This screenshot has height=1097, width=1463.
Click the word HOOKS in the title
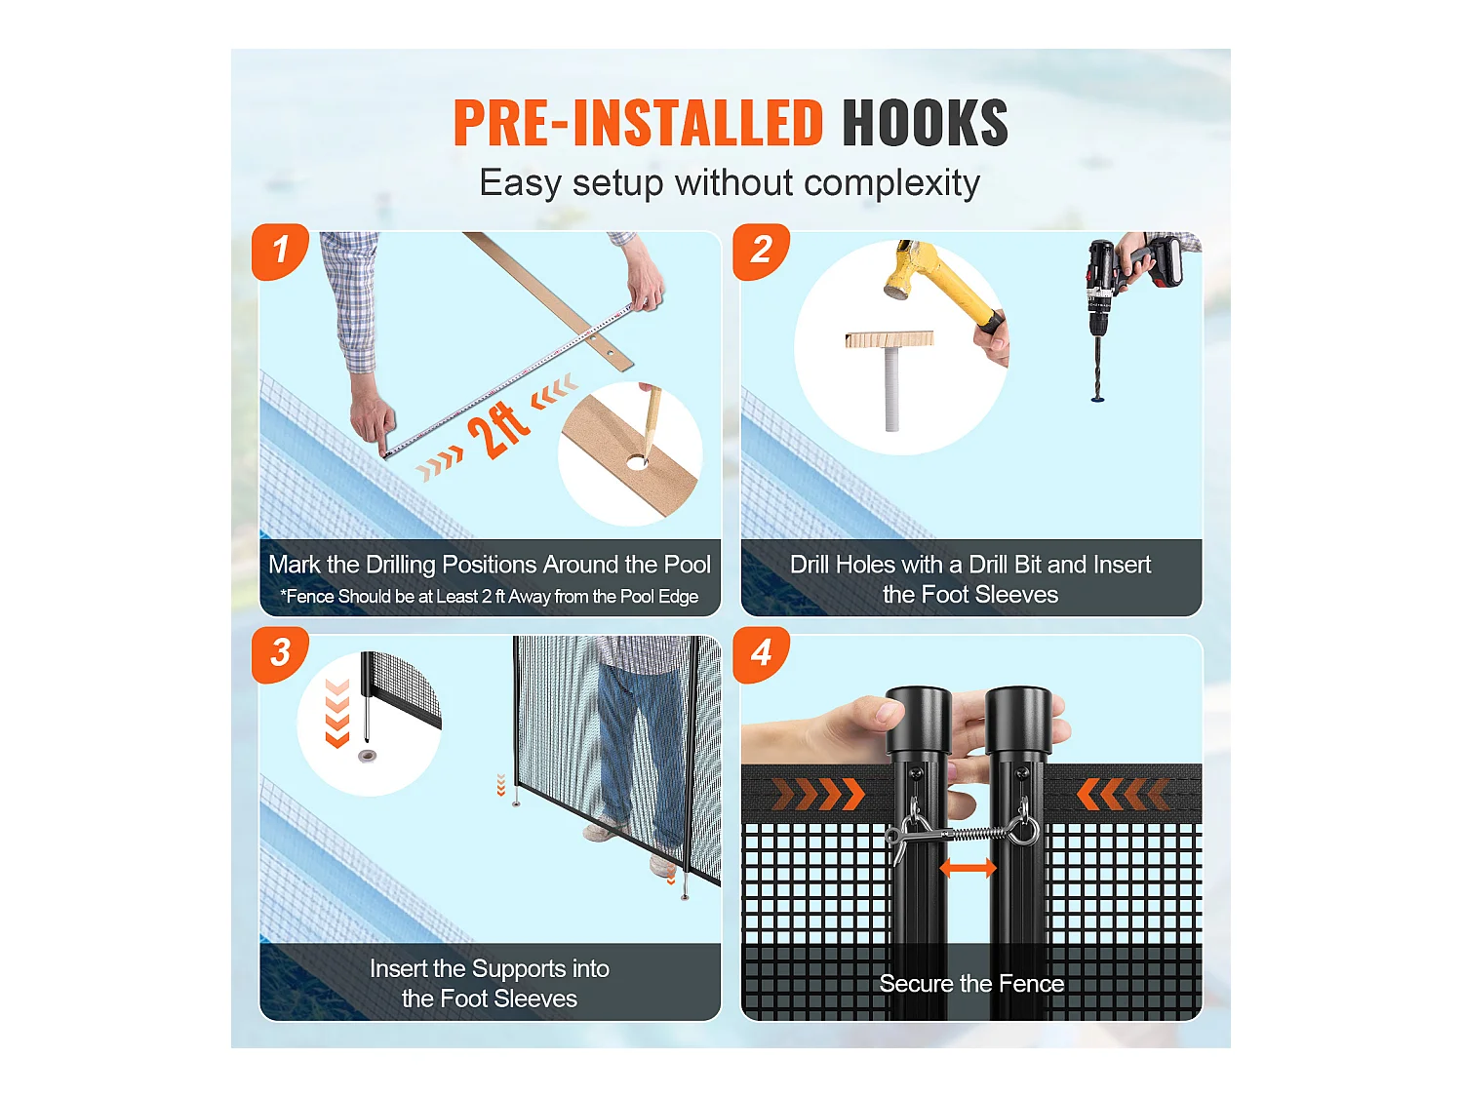(x=924, y=123)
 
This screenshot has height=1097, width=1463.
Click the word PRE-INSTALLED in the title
(x=639, y=123)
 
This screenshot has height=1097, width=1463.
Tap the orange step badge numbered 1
(x=280, y=251)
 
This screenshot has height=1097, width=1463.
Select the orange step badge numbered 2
(x=761, y=251)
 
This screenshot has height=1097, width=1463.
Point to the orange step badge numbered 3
(x=280, y=653)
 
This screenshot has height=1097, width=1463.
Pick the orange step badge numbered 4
(x=761, y=653)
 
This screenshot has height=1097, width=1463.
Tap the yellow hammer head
(x=911, y=267)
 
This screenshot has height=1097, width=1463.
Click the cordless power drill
(x=1122, y=278)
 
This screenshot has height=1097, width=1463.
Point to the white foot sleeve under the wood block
(x=891, y=388)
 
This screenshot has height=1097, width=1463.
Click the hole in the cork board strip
(x=638, y=460)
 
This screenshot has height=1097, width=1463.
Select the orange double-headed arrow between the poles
(x=968, y=867)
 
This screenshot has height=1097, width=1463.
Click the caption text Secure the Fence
(x=971, y=984)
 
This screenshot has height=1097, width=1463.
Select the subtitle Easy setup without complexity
(x=730, y=183)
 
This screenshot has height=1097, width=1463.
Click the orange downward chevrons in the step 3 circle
(x=337, y=714)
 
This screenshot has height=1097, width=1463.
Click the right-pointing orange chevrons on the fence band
(x=817, y=794)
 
